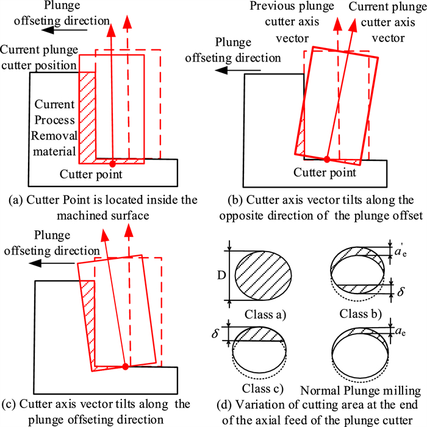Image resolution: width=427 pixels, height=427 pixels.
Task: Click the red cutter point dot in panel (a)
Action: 112,164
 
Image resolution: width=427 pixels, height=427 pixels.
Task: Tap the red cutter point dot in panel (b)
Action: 327,159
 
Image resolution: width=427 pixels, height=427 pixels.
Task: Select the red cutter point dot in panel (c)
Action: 125,367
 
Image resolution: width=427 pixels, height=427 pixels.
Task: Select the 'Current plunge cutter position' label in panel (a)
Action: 38,57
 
